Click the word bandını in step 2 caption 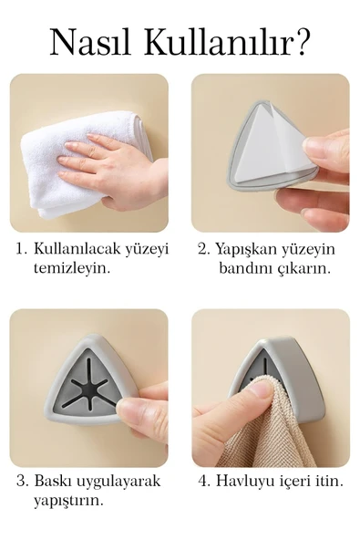(244, 269)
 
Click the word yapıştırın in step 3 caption (68, 501)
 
